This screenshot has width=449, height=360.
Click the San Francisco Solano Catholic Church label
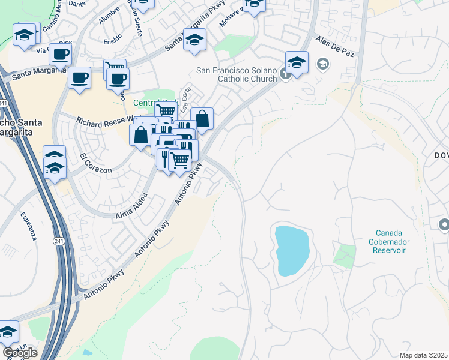pyautogui.click(x=237, y=74)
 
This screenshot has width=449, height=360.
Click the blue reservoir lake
pyautogui.click(x=292, y=250)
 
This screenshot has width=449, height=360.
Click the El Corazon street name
pyautogui.click(x=96, y=164)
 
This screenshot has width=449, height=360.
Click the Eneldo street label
pyautogui.click(x=112, y=42)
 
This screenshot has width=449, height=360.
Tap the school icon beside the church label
pyautogui.click(x=297, y=61)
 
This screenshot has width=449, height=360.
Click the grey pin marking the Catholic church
pyautogui.click(x=285, y=74)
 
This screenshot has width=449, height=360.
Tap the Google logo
pyautogui.click(x=20, y=353)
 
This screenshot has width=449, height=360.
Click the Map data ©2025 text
pyautogui.click(x=423, y=355)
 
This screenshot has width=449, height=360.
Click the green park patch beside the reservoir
pyautogui.click(x=345, y=255)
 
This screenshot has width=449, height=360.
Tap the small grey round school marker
pyautogui.click(x=323, y=64)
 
